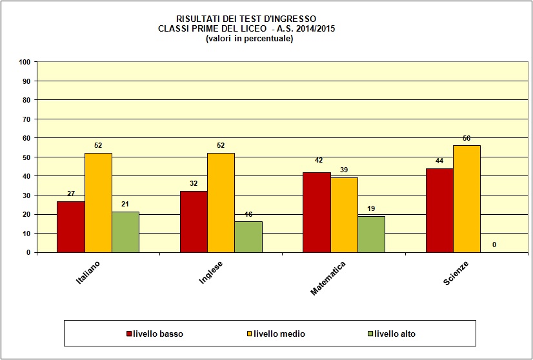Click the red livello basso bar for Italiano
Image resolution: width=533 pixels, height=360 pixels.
click(70, 226)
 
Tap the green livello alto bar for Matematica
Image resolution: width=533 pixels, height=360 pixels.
click(371, 234)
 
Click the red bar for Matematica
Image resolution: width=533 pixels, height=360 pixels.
click(316, 212)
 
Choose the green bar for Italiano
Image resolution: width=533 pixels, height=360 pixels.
click(125, 232)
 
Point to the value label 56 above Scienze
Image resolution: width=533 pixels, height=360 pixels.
click(467, 139)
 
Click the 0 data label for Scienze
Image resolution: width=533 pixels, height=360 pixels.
click(494, 245)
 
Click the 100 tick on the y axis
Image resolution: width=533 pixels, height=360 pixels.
click(25, 62)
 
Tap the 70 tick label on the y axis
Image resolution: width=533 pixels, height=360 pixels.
click(26, 119)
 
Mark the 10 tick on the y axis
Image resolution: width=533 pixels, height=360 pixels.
click(26, 234)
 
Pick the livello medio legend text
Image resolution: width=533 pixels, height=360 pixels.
click(279, 334)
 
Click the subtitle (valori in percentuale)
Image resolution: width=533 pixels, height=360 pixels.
click(249, 39)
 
